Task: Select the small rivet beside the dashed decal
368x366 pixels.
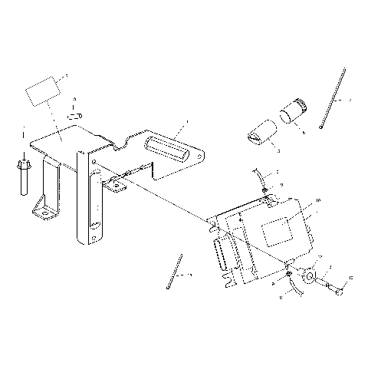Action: (x=74, y=115)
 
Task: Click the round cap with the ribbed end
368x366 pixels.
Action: (x=292, y=112)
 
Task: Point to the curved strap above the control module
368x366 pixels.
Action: (x=261, y=181)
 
